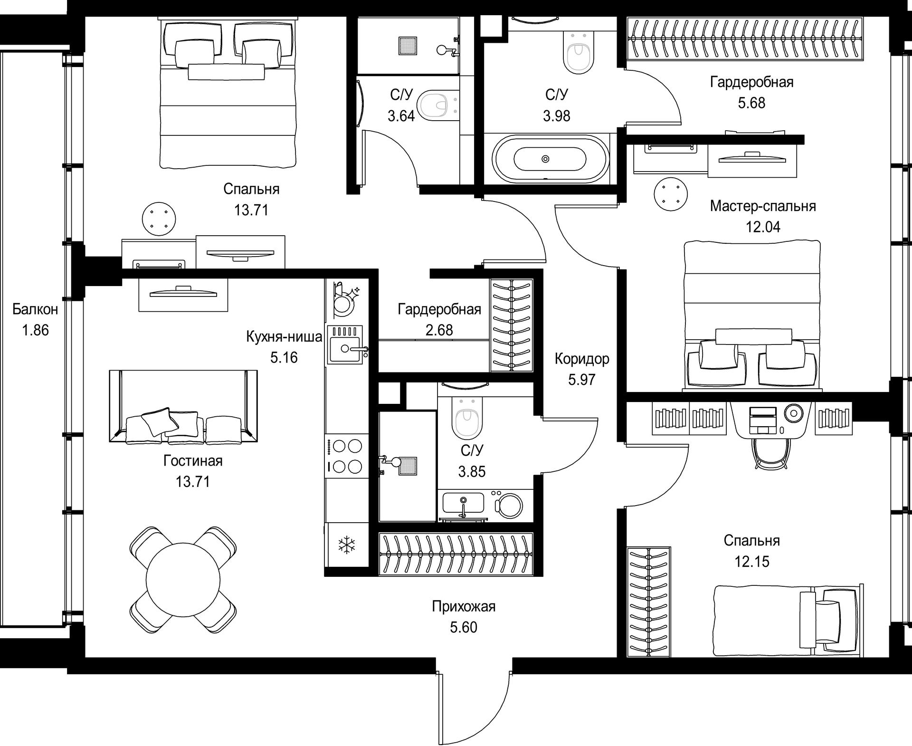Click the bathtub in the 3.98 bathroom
(550, 159)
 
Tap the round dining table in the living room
(183, 578)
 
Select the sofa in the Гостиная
(183, 406)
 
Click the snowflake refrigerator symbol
(346, 545)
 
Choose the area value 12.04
(762, 227)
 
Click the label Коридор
(581, 359)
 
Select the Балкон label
(35, 309)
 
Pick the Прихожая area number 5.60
(463, 627)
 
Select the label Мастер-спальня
(763, 206)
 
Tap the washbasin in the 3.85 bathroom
(464, 503)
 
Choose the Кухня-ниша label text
(284, 337)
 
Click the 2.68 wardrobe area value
(439, 330)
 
